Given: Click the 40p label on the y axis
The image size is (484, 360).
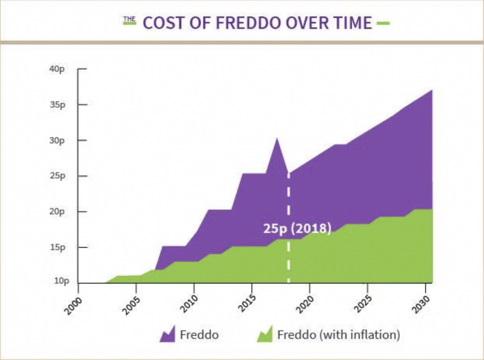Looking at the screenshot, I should click(57, 69).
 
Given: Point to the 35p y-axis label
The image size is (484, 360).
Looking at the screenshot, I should click(57, 105).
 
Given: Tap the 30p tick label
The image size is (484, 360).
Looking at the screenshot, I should click(57, 140).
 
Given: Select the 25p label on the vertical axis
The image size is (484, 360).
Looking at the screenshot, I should click(57, 176).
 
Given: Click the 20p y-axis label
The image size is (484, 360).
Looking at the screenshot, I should click(57, 212).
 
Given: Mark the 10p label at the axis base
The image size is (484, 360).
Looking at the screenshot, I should click(61, 281).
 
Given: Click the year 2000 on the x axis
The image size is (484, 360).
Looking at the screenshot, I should click(73, 305).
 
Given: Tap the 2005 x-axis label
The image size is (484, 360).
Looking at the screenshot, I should click(131, 305).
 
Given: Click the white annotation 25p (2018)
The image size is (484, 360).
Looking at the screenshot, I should click(297, 228).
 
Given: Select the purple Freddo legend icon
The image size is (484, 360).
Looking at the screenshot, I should click(167, 334).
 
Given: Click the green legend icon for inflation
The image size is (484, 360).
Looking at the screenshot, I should click(265, 334).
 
